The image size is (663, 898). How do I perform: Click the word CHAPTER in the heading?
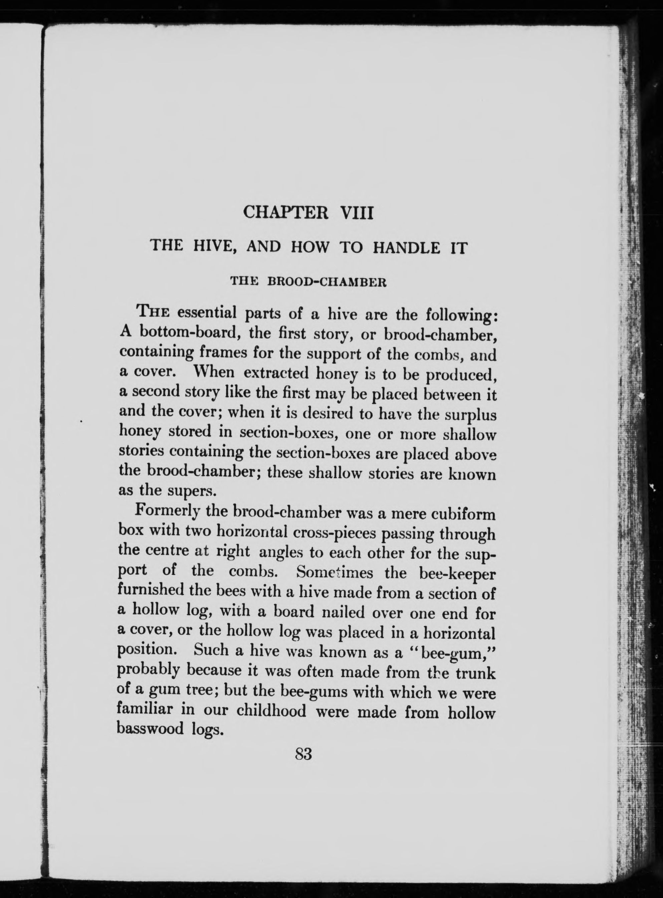pos(286,212)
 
